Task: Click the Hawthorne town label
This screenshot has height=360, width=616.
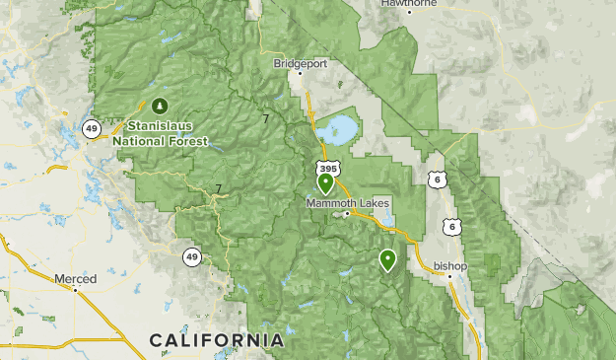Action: (x=409, y=3)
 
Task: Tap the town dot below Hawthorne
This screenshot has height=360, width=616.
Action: (x=409, y=13)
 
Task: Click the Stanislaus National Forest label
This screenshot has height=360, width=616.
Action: (x=161, y=133)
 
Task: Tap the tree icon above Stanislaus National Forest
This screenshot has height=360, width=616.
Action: (x=161, y=105)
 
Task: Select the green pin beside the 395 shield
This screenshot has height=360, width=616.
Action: (x=325, y=182)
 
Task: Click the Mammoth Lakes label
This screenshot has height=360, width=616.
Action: (x=348, y=203)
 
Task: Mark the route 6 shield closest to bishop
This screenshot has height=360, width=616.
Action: (x=450, y=227)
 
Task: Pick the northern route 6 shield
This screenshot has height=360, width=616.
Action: (x=437, y=179)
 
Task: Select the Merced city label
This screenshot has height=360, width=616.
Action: (x=76, y=279)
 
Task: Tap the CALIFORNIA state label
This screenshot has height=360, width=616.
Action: (x=217, y=340)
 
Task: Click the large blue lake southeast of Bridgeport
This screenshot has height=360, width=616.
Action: (x=338, y=128)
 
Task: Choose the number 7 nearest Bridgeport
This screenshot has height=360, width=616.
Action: (x=265, y=118)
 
